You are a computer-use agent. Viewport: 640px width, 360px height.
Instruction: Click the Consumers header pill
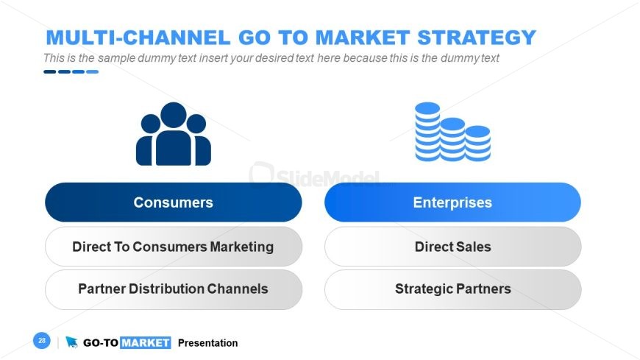click(174, 202)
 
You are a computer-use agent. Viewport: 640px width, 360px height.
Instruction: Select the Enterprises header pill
click(452, 202)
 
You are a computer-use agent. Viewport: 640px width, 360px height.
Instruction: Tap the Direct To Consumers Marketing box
click(174, 247)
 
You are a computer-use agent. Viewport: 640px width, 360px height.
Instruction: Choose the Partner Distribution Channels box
click(174, 289)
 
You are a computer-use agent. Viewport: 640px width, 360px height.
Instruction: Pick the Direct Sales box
click(452, 247)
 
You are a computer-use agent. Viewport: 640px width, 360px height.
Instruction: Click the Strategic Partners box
click(452, 289)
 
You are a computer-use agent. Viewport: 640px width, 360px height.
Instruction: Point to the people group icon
click(174, 134)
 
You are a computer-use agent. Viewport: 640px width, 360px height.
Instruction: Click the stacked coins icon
click(452, 132)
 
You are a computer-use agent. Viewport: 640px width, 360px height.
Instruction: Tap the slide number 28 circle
click(42, 340)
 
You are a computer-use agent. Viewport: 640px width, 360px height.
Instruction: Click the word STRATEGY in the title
click(477, 38)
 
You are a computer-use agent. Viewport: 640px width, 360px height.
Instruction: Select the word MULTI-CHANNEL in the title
click(138, 38)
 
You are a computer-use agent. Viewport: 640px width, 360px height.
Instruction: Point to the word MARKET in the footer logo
click(146, 342)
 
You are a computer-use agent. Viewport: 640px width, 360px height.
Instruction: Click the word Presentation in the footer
click(207, 343)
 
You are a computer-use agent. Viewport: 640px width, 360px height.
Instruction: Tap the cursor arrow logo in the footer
click(71, 342)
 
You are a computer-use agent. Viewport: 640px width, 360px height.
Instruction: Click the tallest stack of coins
click(427, 132)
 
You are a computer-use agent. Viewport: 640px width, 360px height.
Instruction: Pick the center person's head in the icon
click(174, 115)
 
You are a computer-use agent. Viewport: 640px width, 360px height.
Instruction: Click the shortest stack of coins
click(478, 144)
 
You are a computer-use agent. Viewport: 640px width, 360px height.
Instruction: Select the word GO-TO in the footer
click(101, 343)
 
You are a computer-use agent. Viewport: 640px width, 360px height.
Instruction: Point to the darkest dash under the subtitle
click(50, 72)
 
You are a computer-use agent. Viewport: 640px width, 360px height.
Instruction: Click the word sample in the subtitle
click(116, 58)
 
